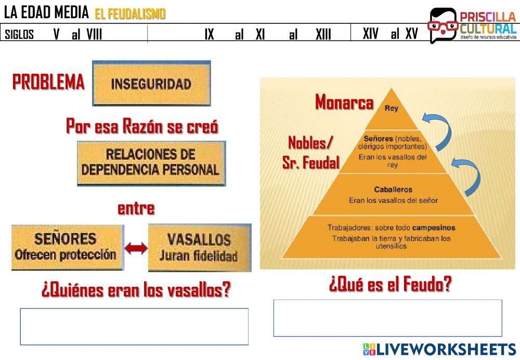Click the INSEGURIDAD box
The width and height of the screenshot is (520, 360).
(151, 83)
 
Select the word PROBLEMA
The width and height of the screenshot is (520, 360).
(48, 82)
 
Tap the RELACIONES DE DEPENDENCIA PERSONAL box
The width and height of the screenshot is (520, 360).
(151, 162)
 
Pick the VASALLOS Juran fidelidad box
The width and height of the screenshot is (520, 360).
(199, 247)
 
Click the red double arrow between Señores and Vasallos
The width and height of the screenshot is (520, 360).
(136, 249)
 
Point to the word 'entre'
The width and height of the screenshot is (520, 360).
(136, 209)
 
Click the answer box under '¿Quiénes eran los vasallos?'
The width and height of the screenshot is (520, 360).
(134, 326)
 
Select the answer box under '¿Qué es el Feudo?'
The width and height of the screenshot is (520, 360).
(387, 317)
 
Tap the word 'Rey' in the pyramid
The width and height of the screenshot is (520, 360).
(391, 109)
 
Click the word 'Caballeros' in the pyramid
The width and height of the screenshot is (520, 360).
(393, 190)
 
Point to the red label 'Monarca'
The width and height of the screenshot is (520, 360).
(344, 102)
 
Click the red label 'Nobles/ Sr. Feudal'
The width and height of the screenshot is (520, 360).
(311, 152)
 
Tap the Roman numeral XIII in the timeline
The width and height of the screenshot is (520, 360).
(323, 34)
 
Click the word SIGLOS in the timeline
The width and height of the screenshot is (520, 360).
(19, 35)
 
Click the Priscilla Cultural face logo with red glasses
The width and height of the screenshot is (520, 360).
(442, 25)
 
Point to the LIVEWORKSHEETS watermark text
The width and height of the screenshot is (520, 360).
(446, 349)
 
